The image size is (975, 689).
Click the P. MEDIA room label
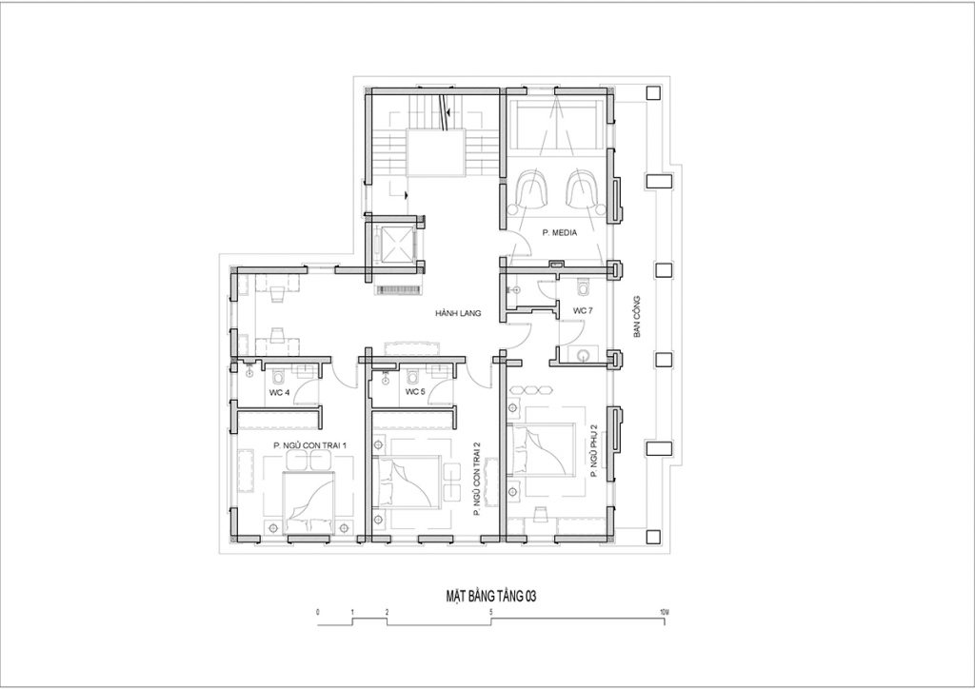pyautogui.click(x=559, y=233)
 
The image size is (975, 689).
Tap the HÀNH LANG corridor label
pyautogui.click(x=458, y=314)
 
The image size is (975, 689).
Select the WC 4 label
pyautogui.click(x=279, y=392)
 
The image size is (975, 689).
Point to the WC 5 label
pyautogui.click(x=415, y=392)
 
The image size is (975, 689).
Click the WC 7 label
pyautogui.click(x=583, y=310)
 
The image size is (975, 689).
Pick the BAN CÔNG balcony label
pyautogui.click(x=637, y=317)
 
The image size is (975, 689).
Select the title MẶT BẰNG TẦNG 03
pyautogui.click(x=491, y=597)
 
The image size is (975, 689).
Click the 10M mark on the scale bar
pyautogui.click(x=664, y=613)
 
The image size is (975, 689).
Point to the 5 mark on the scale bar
pyautogui.click(x=491, y=613)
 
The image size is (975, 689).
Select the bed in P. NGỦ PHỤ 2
pyautogui.click(x=541, y=450)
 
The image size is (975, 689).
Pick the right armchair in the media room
pyautogui.click(x=584, y=189)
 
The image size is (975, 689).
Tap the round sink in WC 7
pyautogui.click(x=584, y=355)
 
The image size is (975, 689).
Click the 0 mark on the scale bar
pyautogui.click(x=318, y=613)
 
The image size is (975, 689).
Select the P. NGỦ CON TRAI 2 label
pyautogui.click(x=477, y=480)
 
